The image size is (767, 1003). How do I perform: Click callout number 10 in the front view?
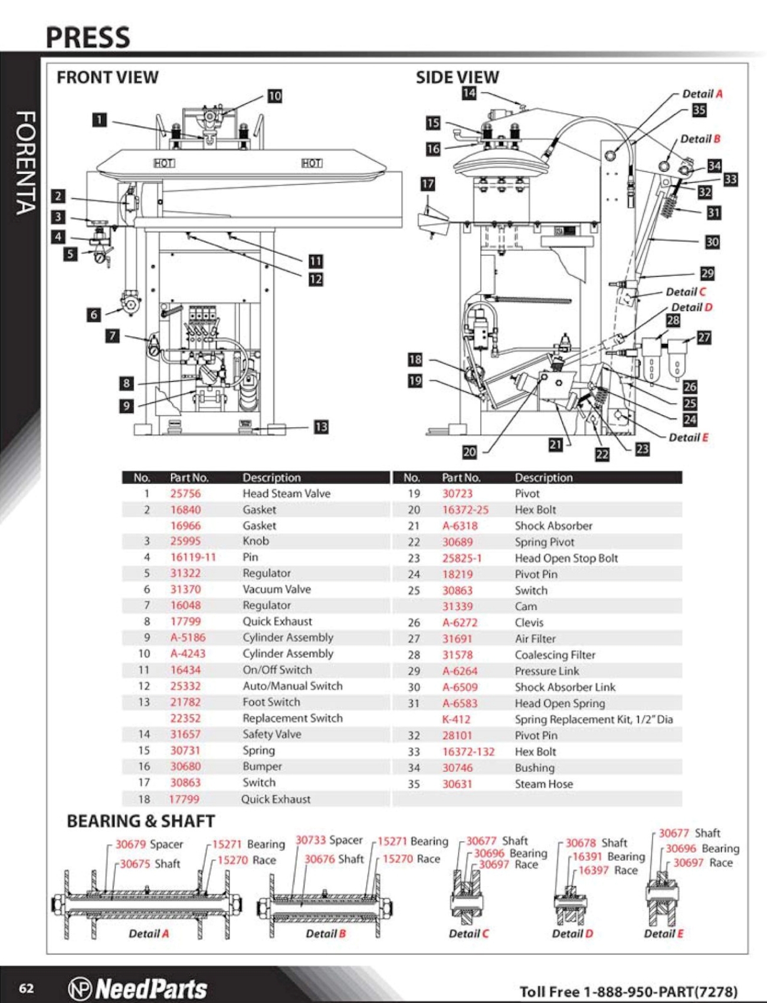[275, 96]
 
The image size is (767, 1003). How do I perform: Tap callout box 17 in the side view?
[428, 184]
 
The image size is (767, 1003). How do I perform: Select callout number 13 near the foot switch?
[321, 427]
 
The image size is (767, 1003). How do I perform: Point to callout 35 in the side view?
[699, 110]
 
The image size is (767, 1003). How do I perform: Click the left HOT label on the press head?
[164, 163]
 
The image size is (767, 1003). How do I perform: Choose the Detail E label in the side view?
[689, 437]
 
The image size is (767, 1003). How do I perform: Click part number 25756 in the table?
[185, 493]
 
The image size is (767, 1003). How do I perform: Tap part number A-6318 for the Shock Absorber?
[460, 526]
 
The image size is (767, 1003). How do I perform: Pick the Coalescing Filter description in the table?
[555, 655]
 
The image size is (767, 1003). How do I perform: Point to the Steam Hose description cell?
[543, 784]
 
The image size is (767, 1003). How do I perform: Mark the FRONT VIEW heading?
[107, 77]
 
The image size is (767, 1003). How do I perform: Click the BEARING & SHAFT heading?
[140, 821]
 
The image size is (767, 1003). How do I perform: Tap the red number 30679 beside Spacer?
[130, 844]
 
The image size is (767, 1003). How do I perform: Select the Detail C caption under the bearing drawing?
[468, 933]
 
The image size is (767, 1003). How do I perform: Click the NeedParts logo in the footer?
[138, 988]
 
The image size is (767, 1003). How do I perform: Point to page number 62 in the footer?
[27, 988]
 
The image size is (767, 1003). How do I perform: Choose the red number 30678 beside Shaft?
[581, 843]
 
